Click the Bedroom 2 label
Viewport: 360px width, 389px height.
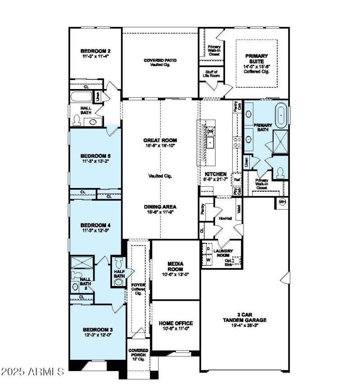coord(95,51)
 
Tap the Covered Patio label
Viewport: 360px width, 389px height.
coord(160,60)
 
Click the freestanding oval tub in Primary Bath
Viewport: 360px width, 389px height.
coord(281,115)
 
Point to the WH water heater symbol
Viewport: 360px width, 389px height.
coord(282,202)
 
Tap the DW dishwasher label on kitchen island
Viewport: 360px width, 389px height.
coord(210,131)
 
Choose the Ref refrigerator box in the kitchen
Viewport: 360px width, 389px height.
coord(237,179)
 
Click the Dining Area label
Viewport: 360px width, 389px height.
coord(160,207)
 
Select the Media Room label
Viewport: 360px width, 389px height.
coord(175,266)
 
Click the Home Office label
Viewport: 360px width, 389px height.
coord(175,323)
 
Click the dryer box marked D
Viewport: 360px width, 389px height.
coord(209,248)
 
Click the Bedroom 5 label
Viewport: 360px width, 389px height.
coord(95,156)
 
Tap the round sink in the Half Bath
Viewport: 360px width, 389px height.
coord(119,282)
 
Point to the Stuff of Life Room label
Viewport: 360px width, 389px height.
coord(211,75)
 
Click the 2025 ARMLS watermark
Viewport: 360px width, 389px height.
coord(32,372)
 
